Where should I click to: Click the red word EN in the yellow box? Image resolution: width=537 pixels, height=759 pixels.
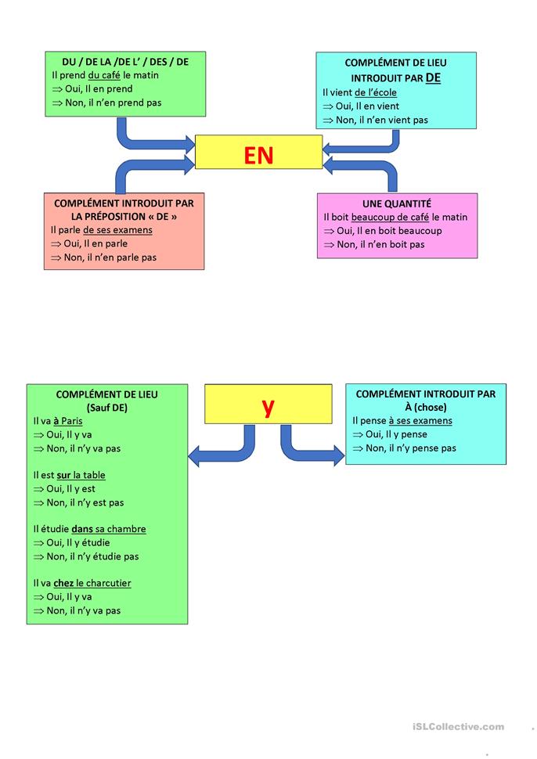click(258, 154)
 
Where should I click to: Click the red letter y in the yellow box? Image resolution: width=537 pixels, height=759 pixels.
click(268, 405)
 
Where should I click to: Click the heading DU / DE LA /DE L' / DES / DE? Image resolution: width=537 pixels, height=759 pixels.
click(125, 62)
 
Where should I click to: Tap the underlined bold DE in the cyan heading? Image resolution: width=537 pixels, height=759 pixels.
click(433, 78)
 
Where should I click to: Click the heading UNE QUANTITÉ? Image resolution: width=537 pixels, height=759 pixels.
click(397, 203)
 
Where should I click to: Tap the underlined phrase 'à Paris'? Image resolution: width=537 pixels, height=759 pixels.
click(67, 421)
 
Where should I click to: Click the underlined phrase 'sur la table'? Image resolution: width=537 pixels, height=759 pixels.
click(81, 475)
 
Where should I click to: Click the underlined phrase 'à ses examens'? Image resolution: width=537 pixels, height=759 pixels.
click(420, 420)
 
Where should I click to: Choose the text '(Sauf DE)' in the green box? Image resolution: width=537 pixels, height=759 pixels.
click(106, 408)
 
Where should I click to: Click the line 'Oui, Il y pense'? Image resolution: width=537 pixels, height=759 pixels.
click(395, 434)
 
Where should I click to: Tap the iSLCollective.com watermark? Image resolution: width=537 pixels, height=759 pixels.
click(459, 727)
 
